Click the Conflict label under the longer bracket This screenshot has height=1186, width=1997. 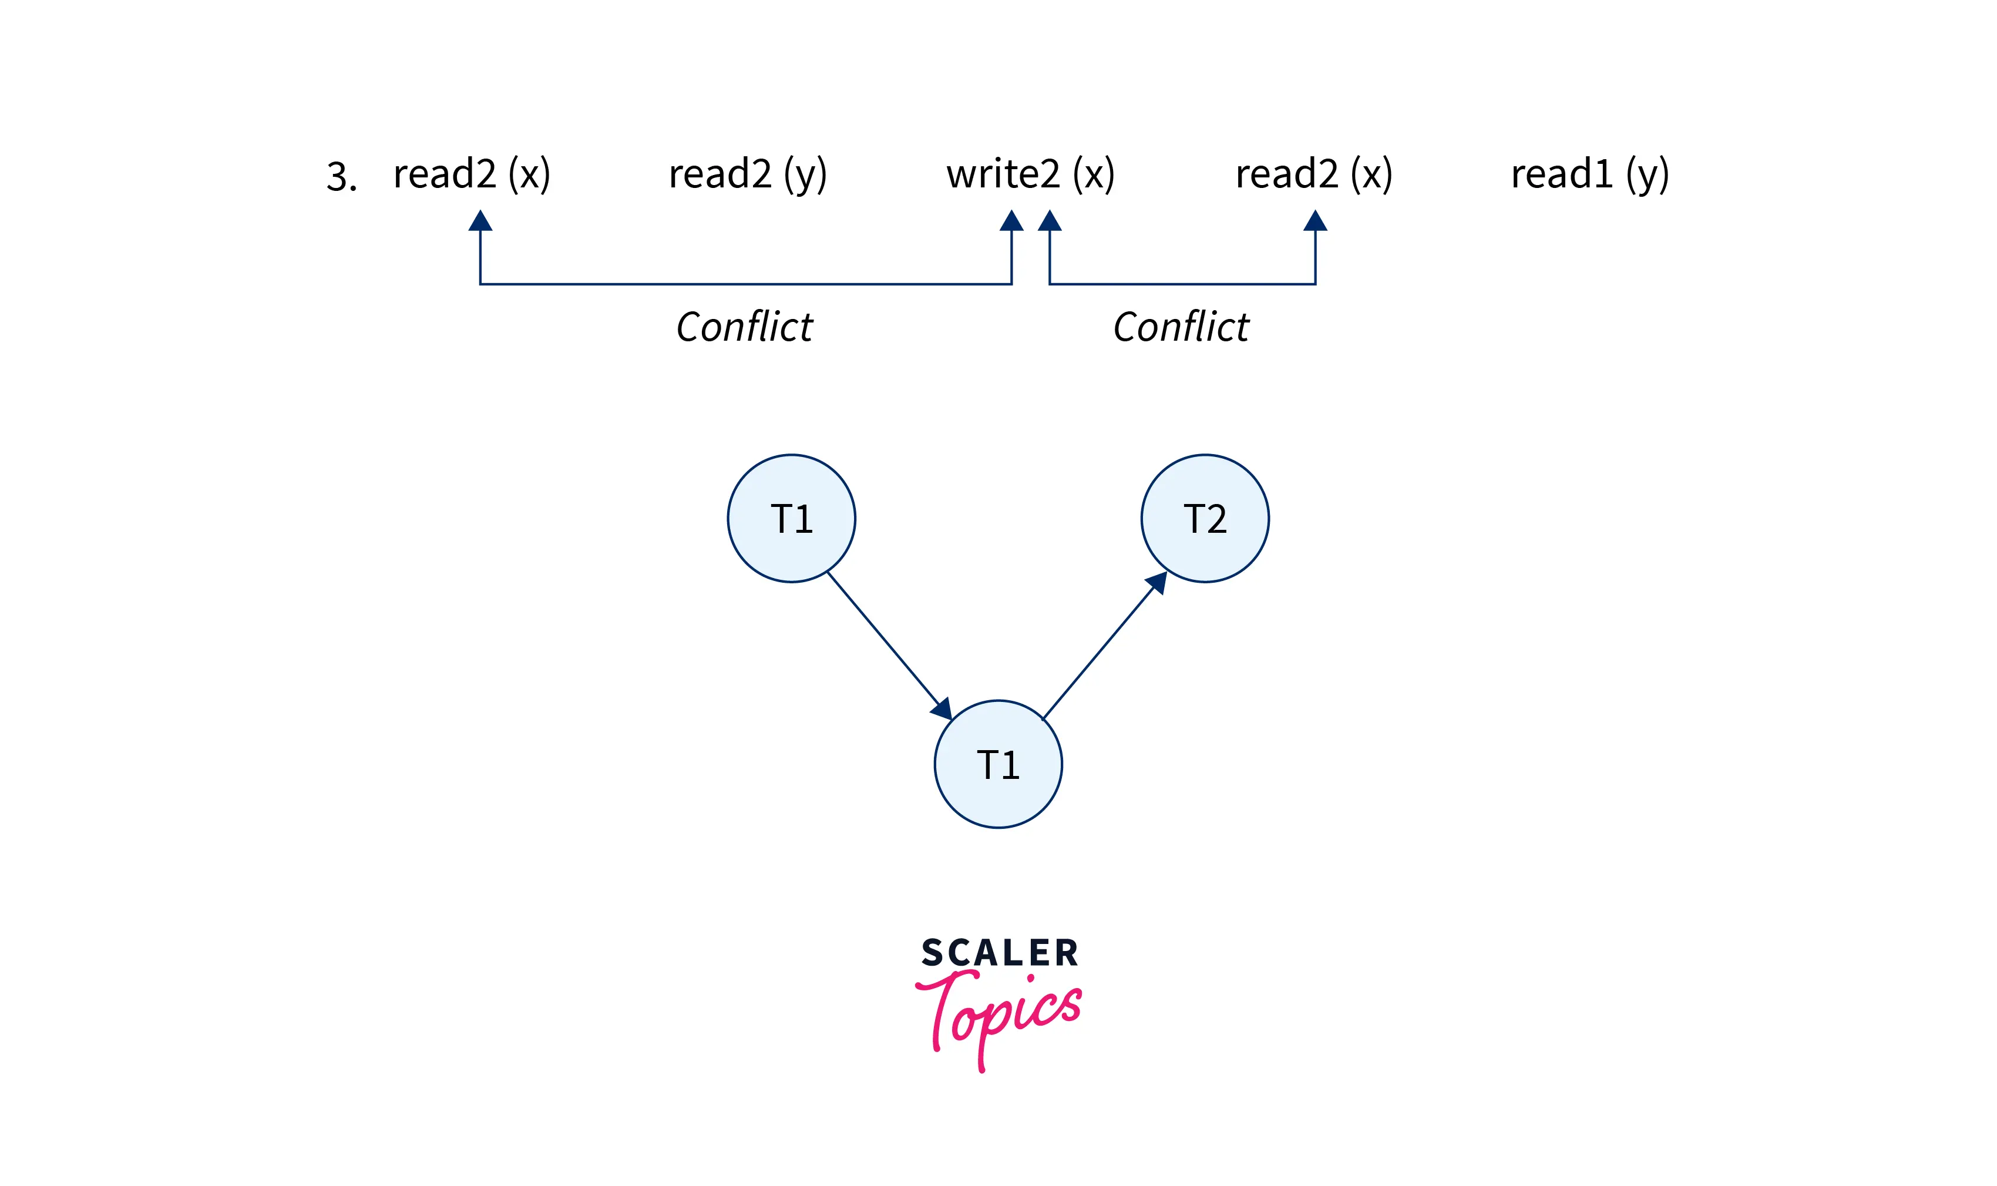pos(744,327)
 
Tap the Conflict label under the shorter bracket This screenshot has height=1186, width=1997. pos(1181,327)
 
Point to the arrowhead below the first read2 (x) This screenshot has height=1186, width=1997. pos(480,221)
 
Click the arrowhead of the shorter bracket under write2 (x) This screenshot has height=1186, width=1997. pos(1049,221)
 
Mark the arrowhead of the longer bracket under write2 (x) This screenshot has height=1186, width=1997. pos(1011,221)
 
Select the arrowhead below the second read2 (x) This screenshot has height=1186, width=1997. pos(1315,221)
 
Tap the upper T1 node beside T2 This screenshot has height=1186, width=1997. pos(791,519)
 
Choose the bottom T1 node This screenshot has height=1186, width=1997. pos(998,764)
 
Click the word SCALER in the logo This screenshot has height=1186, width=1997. pos(1000,953)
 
